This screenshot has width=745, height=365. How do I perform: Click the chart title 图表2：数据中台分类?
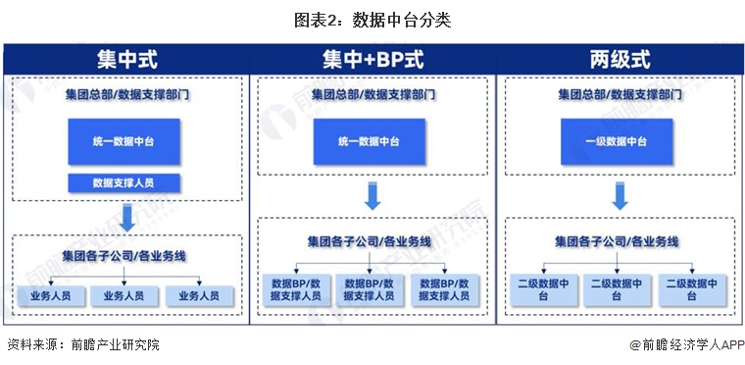pyautogui.click(x=372, y=20)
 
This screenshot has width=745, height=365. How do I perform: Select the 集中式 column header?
pyautogui.click(x=125, y=59)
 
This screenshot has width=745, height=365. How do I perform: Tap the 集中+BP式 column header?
pyautogui.click(x=372, y=59)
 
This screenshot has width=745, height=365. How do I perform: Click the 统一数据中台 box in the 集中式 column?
pyautogui.click(x=124, y=141)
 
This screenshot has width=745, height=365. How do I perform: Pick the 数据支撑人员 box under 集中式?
pyautogui.click(x=124, y=182)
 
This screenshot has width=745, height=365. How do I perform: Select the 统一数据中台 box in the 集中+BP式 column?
pyautogui.click(x=370, y=141)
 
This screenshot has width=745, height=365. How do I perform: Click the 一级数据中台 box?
pyautogui.click(x=617, y=141)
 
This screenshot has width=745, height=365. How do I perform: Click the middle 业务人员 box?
pyautogui.click(x=124, y=294)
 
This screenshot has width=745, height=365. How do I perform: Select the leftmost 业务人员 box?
pyautogui.click(x=51, y=294)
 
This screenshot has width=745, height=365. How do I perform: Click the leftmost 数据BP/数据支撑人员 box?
pyautogui.click(x=297, y=288)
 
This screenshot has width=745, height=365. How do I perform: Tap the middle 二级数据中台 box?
pyautogui.click(x=618, y=288)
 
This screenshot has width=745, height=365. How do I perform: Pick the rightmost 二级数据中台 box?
pyautogui.click(x=692, y=288)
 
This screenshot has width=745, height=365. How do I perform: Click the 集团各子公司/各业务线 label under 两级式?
pyautogui.click(x=618, y=240)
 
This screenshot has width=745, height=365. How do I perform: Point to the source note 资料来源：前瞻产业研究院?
pyautogui.click(x=83, y=345)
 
